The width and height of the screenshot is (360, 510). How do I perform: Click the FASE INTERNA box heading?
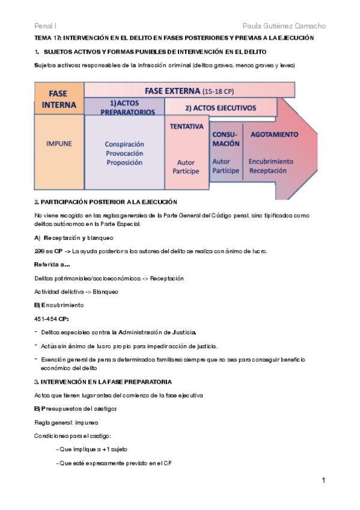tap(59, 99)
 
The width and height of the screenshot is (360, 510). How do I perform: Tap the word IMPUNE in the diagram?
tap(59, 144)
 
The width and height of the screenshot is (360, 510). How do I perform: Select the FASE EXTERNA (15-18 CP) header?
tap(190, 91)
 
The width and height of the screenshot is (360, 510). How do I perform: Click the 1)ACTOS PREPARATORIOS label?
tap(124, 107)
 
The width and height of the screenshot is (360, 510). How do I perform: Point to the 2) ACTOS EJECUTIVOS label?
tap(221, 108)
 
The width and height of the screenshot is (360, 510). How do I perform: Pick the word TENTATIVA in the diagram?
tap(187, 127)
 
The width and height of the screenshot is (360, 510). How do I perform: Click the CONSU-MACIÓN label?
tap(226, 139)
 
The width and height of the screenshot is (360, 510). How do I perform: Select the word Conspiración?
tap(124, 144)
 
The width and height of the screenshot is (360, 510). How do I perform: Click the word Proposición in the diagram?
tap(124, 162)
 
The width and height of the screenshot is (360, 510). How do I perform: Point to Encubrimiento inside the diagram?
tap(271, 161)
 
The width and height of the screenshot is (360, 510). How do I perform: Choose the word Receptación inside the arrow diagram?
tap(269, 170)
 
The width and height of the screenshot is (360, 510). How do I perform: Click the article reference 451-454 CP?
tap(52, 319)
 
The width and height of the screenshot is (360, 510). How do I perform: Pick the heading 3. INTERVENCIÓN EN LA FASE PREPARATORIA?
tap(103, 381)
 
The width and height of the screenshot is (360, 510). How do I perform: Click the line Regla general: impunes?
tap(61, 422)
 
